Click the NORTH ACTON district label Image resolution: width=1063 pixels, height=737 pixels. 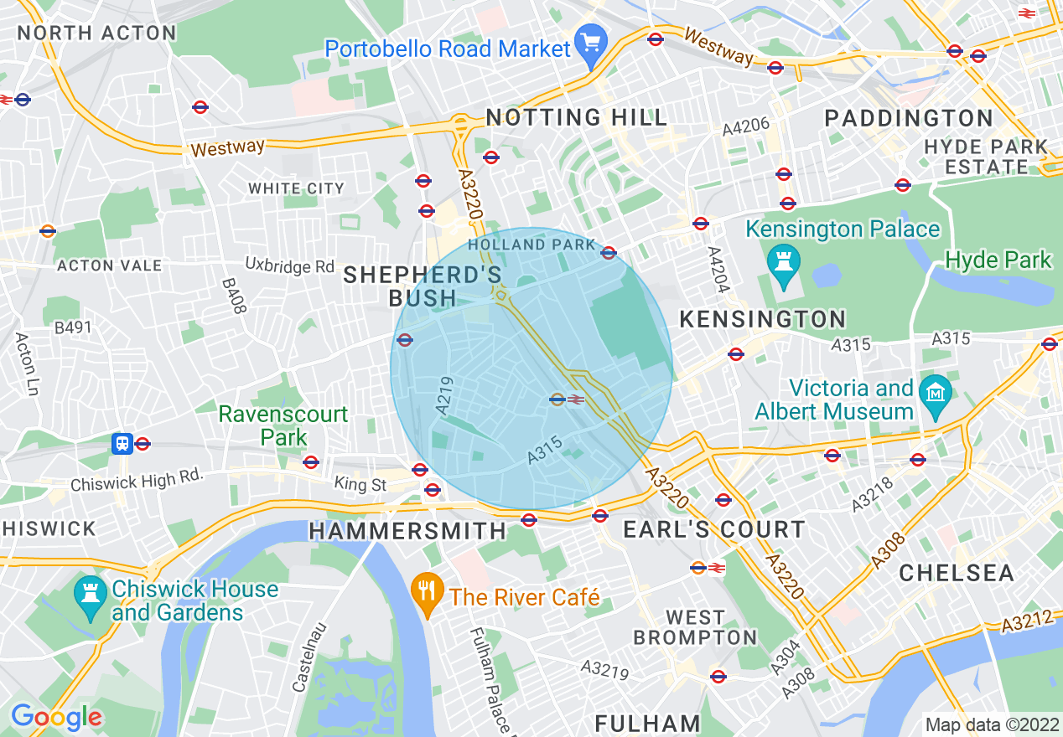tap(97, 33)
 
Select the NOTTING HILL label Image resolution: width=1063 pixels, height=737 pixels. tap(577, 117)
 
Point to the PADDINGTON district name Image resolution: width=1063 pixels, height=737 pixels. tap(909, 118)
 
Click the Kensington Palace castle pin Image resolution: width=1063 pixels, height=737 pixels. tap(786, 264)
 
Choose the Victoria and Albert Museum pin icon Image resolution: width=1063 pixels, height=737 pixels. tap(935, 394)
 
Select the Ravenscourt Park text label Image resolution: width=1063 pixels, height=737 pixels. tap(283, 425)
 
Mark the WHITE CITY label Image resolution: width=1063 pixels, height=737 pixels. tap(296, 188)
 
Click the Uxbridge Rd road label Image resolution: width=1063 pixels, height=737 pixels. tap(290, 266)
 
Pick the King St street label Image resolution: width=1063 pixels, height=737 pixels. tap(360, 485)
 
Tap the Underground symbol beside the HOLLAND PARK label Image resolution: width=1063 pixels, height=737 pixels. tap(609, 252)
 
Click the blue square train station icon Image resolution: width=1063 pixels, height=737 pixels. tap(122, 443)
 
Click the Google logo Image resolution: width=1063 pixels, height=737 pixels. tap(56, 717)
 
